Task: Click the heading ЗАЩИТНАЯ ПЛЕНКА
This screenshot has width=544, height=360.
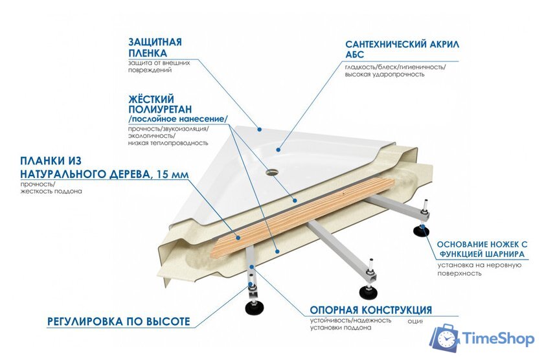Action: click(155, 47)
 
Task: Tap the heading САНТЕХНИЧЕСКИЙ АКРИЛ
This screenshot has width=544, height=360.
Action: click(402, 45)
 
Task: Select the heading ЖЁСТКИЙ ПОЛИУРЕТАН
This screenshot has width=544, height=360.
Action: click(160, 105)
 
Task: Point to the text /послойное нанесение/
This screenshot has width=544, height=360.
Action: click(178, 120)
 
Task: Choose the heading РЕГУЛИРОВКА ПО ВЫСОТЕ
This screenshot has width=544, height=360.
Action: click(119, 322)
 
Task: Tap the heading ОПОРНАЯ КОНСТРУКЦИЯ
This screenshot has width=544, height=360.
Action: click(370, 310)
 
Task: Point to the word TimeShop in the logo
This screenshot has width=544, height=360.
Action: click(497, 339)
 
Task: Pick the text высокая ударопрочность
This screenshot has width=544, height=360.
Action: click(385, 74)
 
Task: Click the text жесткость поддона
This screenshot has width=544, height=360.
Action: click(51, 192)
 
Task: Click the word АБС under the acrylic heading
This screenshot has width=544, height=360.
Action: click(356, 56)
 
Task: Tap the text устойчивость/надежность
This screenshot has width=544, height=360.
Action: click(350, 320)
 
